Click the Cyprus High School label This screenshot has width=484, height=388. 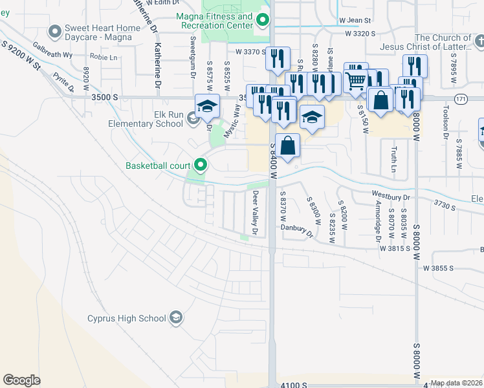[126, 318]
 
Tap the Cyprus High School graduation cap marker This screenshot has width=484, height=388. [176, 318]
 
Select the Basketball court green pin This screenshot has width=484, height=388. [201, 166]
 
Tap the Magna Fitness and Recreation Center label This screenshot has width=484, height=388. [215, 21]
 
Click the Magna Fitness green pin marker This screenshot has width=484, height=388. [262, 21]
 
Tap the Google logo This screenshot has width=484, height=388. [22, 380]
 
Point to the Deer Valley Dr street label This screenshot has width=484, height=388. [256, 212]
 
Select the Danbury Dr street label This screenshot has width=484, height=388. [297, 227]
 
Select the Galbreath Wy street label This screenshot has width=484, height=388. [52, 48]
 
